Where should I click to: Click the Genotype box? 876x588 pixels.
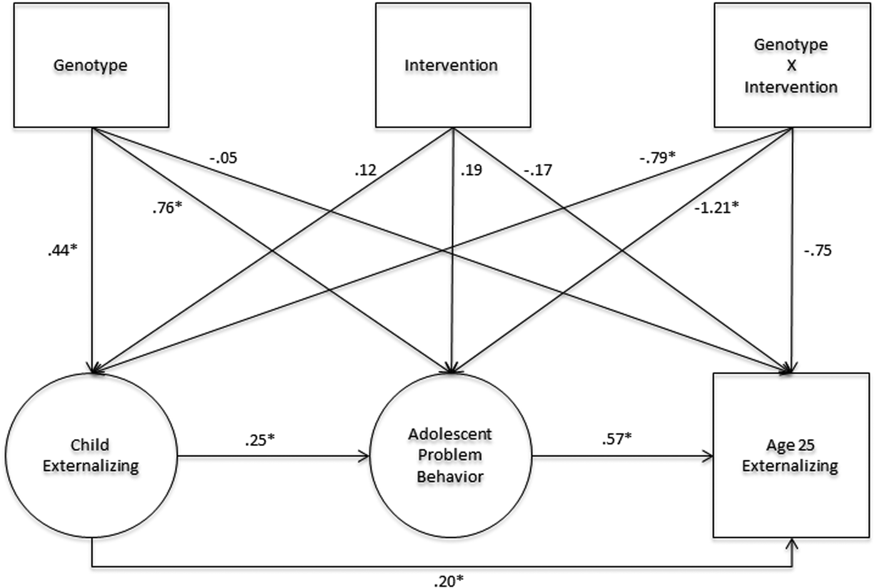coord(91,66)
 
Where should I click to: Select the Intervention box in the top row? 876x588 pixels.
coord(452,66)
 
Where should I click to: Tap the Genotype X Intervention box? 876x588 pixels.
coord(792,66)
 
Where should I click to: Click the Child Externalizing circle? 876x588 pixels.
coord(91,455)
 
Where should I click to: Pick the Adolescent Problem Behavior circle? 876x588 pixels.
coord(451,455)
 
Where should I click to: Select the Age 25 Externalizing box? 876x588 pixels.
coord(791,455)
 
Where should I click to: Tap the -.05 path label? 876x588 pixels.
coord(223,158)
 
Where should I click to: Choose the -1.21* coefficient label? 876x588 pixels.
coord(716,207)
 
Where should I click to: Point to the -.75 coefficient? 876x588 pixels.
coord(817,251)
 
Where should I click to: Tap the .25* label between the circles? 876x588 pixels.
coord(260,440)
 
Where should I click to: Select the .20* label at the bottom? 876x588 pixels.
coord(448,581)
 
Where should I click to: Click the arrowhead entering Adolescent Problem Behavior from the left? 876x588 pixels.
coord(364,457)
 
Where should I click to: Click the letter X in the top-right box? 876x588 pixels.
coord(791,66)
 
